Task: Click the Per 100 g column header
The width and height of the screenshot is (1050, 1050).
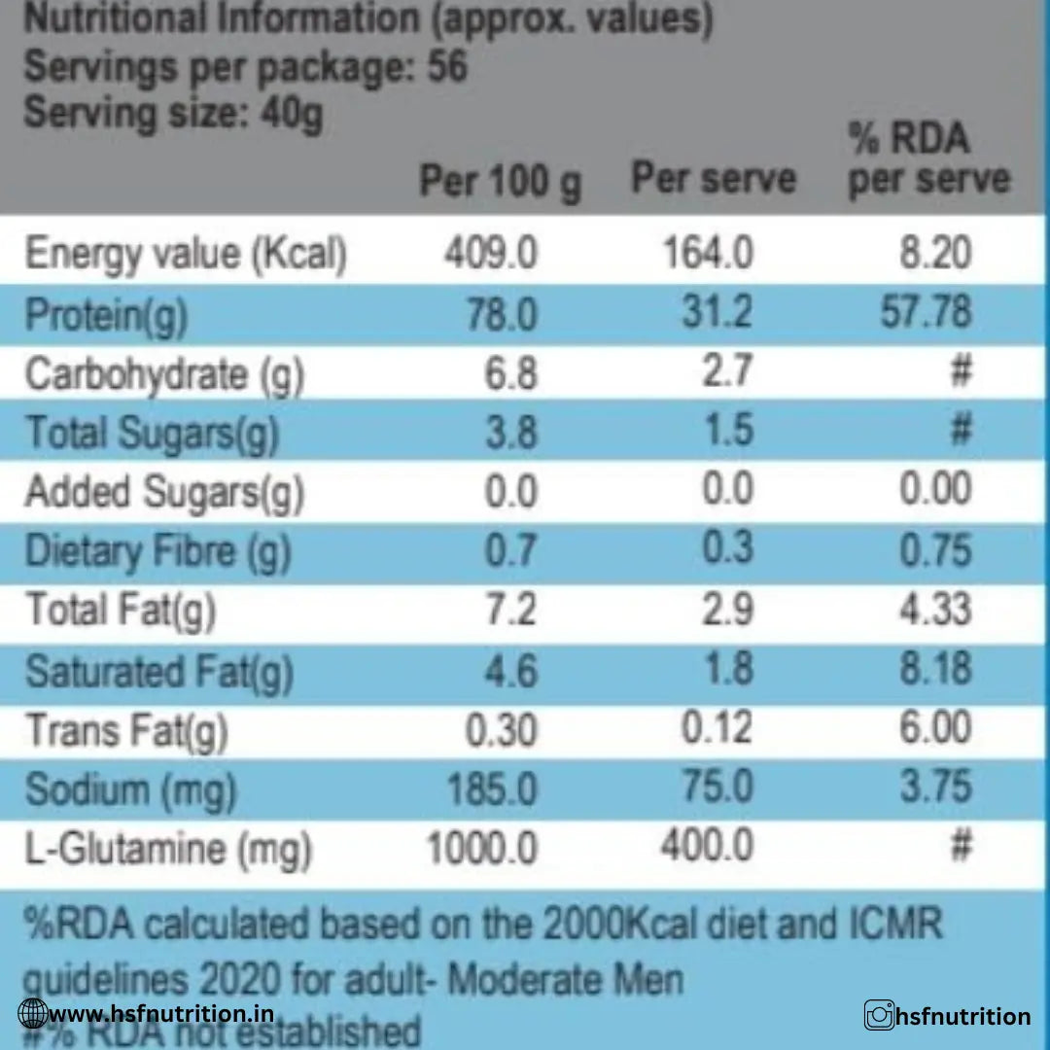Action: (x=500, y=181)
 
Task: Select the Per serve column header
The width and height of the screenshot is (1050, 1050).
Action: (x=713, y=179)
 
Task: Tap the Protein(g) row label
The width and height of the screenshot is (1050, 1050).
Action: (x=106, y=315)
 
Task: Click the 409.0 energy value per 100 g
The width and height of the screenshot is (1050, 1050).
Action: (x=490, y=255)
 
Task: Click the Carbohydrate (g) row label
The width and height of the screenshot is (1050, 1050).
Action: (x=164, y=375)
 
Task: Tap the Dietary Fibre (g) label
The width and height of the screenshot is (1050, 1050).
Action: (x=157, y=552)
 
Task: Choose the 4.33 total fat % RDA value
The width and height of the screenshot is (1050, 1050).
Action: (x=934, y=611)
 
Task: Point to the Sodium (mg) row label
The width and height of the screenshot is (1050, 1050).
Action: (x=130, y=789)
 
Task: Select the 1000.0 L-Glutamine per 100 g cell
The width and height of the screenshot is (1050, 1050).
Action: (x=482, y=849)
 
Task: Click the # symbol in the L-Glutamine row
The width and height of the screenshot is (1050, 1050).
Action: (x=960, y=847)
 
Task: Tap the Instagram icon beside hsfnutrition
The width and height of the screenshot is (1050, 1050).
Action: (x=879, y=1017)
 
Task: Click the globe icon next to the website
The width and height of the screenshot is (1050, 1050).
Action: (x=32, y=1015)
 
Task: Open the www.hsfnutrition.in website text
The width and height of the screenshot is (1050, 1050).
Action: (x=160, y=1014)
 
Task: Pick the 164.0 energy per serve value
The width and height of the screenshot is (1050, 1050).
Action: (x=708, y=255)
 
